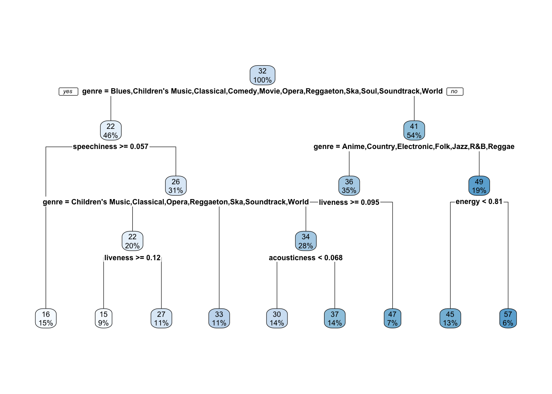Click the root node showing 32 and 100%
pyautogui.click(x=262, y=76)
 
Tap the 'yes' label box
pyautogui.click(x=68, y=92)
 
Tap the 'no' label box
pyautogui.click(x=454, y=92)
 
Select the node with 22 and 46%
pyautogui.click(x=111, y=131)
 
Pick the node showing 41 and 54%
pyautogui.click(x=414, y=131)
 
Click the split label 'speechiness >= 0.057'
pyautogui.click(x=110, y=147)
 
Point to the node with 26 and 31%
pyautogui.click(x=176, y=186)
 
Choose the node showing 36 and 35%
pyautogui.click(x=349, y=186)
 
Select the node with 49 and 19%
pyautogui.click(x=479, y=186)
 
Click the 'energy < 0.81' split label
pyautogui.click(x=479, y=202)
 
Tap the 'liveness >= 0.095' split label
pyautogui.click(x=349, y=202)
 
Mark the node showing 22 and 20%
pyautogui.click(x=132, y=241)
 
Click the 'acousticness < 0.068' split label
pyautogui.click(x=306, y=258)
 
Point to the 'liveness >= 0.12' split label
pyautogui.click(x=132, y=258)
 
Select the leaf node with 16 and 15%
pyautogui.click(x=46, y=319)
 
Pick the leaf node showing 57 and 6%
pyautogui.click(x=508, y=319)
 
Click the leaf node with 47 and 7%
pyautogui.click(x=392, y=319)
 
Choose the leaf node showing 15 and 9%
pyautogui.click(x=103, y=319)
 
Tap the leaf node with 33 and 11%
pyautogui.click(x=219, y=319)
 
